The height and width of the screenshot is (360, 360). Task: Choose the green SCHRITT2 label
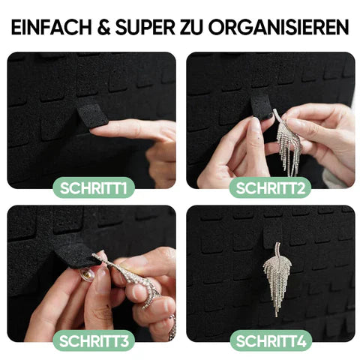click(271, 186)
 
